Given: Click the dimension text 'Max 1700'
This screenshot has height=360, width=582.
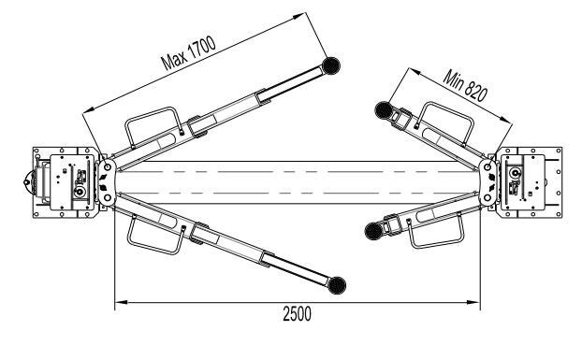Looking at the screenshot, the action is coord(188,53).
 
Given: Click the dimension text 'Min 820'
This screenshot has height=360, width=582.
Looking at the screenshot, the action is coord(465,86).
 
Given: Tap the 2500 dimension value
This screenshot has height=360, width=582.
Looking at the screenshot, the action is coord(297,314).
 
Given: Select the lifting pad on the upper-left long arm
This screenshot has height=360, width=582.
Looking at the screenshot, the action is coord(330,65).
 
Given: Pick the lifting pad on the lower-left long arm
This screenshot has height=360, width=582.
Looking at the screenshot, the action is coord(337,285).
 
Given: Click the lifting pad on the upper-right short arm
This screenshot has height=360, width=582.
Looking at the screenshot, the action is coord(384,109).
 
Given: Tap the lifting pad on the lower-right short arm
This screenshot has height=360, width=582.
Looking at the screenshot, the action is coord(373,231).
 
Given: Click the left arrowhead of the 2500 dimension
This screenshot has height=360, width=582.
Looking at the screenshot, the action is coord(121,302).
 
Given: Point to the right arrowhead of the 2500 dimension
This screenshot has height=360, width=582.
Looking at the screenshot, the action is coord(473,302).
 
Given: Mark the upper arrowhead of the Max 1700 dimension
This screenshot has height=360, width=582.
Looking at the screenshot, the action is coord(298,16).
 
